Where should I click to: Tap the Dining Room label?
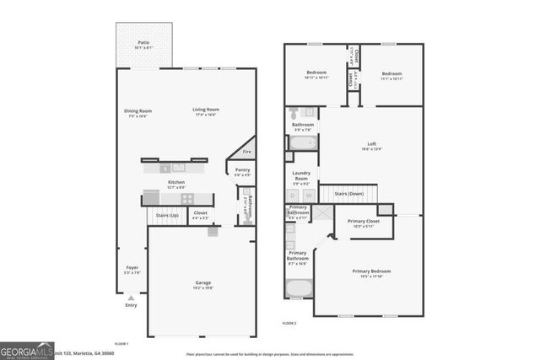138,110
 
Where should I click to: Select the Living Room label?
205,110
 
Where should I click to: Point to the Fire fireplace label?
246,152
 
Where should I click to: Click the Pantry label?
242,170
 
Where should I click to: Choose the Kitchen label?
176,183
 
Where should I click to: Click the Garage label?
203,283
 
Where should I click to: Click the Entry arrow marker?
131,298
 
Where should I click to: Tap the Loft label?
371,144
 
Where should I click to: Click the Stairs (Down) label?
348,194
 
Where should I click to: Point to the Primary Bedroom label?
371,271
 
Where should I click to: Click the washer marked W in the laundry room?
309,196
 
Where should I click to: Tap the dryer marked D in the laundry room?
294,196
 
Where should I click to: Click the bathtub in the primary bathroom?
299,288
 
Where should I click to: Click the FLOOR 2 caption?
290,322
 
